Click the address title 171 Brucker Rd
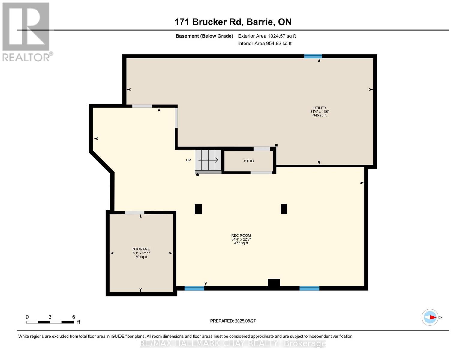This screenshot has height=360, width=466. click(233, 22)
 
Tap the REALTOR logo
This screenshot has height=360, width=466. click(26, 31)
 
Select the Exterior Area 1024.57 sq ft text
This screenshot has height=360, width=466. click(267, 36)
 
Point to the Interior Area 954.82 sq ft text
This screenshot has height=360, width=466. click(265, 43)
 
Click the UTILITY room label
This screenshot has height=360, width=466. click(320, 108)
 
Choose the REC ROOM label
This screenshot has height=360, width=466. click(241, 235)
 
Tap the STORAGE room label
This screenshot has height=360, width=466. click(141, 249)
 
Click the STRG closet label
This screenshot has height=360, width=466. click(249, 161)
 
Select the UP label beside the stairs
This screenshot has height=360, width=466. click(188, 160)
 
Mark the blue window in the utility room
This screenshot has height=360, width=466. click(313, 56)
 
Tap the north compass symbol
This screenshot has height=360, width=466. click(430, 317)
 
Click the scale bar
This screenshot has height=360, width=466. click(50, 322)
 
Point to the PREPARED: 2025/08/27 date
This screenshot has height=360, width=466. click(233, 321)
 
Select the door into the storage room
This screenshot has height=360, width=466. click(134, 213)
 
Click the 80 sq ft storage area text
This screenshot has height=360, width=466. click(141, 257)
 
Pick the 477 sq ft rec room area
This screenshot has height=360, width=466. click(241, 243)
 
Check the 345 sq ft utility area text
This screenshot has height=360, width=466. click(320, 115)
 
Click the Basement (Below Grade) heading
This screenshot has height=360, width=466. click(204, 36)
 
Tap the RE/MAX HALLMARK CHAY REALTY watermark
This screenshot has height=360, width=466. click(233, 343)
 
